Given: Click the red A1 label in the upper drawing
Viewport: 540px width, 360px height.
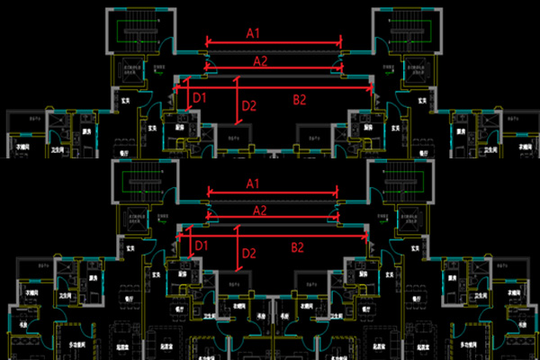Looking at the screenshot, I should (x=254, y=32).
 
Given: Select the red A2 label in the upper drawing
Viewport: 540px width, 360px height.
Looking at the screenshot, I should (x=260, y=61).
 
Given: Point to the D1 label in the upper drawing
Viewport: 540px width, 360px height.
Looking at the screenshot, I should (x=200, y=97).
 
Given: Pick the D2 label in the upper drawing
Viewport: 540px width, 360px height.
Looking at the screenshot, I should (x=248, y=106).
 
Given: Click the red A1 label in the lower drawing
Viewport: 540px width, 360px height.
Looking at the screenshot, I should (x=254, y=184).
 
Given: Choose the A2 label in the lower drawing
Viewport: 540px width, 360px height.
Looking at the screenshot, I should (x=260, y=210).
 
